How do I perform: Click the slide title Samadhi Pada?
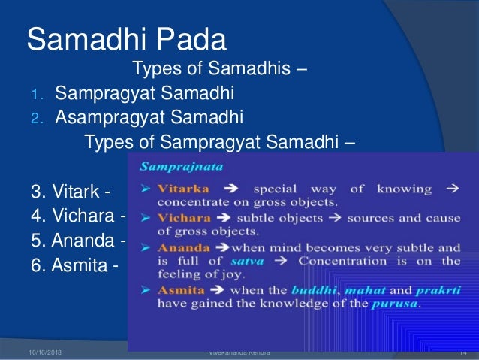click(x=126, y=39)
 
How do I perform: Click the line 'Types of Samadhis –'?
click(x=219, y=70)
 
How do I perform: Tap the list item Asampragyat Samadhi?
click(x=149, y=118)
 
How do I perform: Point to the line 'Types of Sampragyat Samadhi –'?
click(x=220, y=143)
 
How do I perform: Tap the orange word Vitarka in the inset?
click(x=182, y=188)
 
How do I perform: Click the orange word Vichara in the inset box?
click(x=183, y=217)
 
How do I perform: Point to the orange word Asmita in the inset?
click(x=180, y=289)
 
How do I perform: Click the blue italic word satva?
click(x=271, y=261)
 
